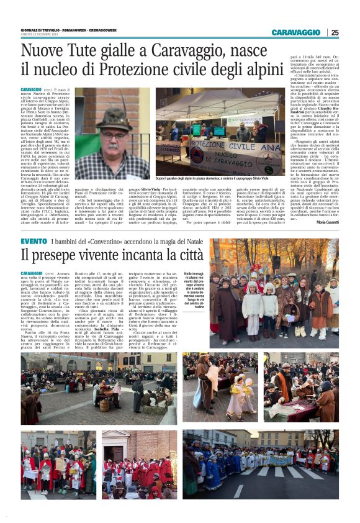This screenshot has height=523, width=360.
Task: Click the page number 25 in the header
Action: tap(335, 32)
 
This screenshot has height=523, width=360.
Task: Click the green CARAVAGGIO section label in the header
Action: tap(295, 32)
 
